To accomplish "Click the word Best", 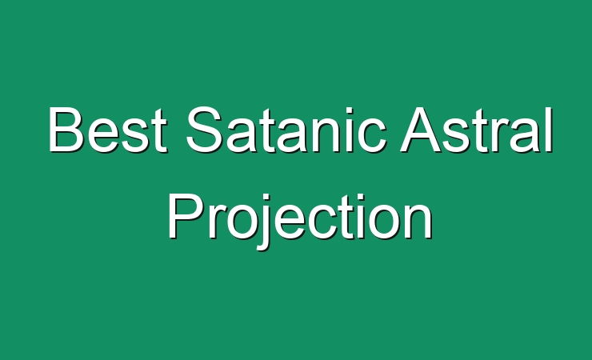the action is [x=108, y=130].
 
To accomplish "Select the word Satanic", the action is [x=286, y=129].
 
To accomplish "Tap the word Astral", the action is [x=477, y=130].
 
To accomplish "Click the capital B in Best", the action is [x=66, y=130].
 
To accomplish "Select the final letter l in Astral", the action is [x=550, y=130].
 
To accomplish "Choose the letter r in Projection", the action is [x=215, y=222].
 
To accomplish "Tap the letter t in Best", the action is [x=160, y=131].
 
